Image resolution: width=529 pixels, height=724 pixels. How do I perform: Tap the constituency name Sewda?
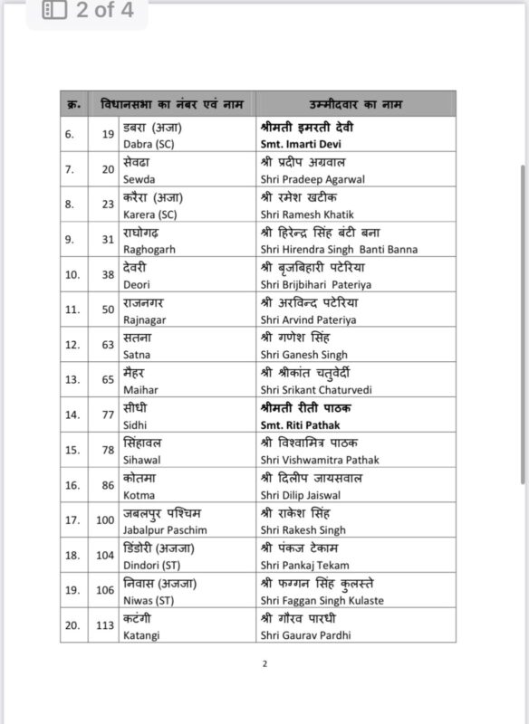[139, 179]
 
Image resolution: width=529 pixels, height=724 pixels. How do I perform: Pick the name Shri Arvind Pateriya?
[305, 319]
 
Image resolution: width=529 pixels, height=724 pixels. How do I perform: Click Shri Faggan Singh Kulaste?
[321, 599]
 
